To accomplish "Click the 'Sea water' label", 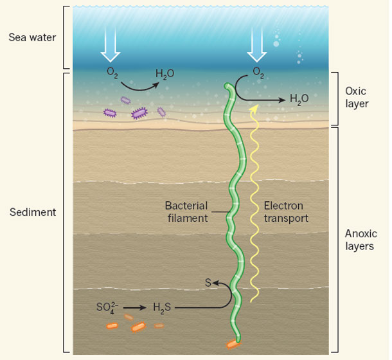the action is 32,37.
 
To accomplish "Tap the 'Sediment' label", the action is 33,212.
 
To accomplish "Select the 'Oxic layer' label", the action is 357,98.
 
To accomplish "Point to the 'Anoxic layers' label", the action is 361,240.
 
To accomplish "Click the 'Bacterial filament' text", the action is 186,212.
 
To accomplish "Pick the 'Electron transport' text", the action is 286,212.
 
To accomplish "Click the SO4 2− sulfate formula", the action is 107,307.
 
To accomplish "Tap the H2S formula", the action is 162,308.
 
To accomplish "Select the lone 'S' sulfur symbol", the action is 208,283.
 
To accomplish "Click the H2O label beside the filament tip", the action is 299,99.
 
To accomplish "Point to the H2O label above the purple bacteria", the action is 165,74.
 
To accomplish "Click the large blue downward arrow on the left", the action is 111,44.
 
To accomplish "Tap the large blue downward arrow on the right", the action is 257,44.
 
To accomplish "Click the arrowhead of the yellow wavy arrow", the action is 254,108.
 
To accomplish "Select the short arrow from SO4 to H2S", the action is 135,307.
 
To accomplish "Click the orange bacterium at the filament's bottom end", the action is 233,344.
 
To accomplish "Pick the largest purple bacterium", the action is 139,113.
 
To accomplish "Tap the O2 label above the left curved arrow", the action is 112,73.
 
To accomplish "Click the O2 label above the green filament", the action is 258,73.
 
